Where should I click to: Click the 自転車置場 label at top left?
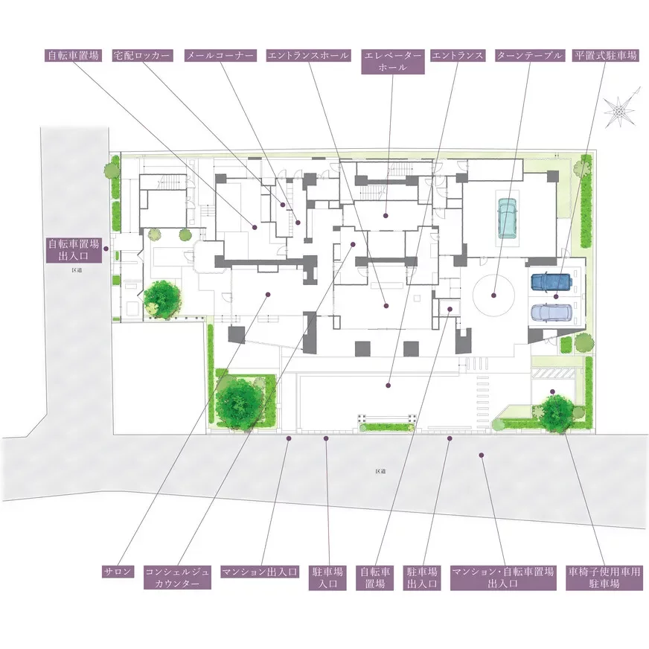pyautogui.click(x=74, y=56)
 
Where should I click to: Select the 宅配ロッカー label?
pyautogui.click(x=142, y=56)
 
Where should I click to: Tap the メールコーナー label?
pyautogui.click(x=220, y=56)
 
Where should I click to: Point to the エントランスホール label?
pyautogui.click(x=308, y=56)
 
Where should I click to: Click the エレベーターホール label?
pyautogui.click(x=393, y=62)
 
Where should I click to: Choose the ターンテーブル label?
pyautogui.click(x=529, y=56)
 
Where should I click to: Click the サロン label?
pyautogui.click(x=118, y=572)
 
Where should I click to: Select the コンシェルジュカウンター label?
pyautogui.click(x=177, y=578)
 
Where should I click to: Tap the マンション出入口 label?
pyautogui.click(x=260, y=572)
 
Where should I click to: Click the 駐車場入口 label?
pyautogui.click(x=327, y=578)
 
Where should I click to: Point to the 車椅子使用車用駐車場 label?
pyautogui.click(x=604, y=578)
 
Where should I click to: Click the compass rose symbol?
pyautogui.click(x=618, y=112)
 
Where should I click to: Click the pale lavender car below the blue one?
pyautogui.click(x=551, y=313)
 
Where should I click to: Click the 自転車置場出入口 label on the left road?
pyautogui.click(x=74, y=249)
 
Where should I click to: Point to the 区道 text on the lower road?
pyautogui.click(x=380, y=471)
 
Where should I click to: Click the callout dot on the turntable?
pyautogui.click(x=493, y=295)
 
